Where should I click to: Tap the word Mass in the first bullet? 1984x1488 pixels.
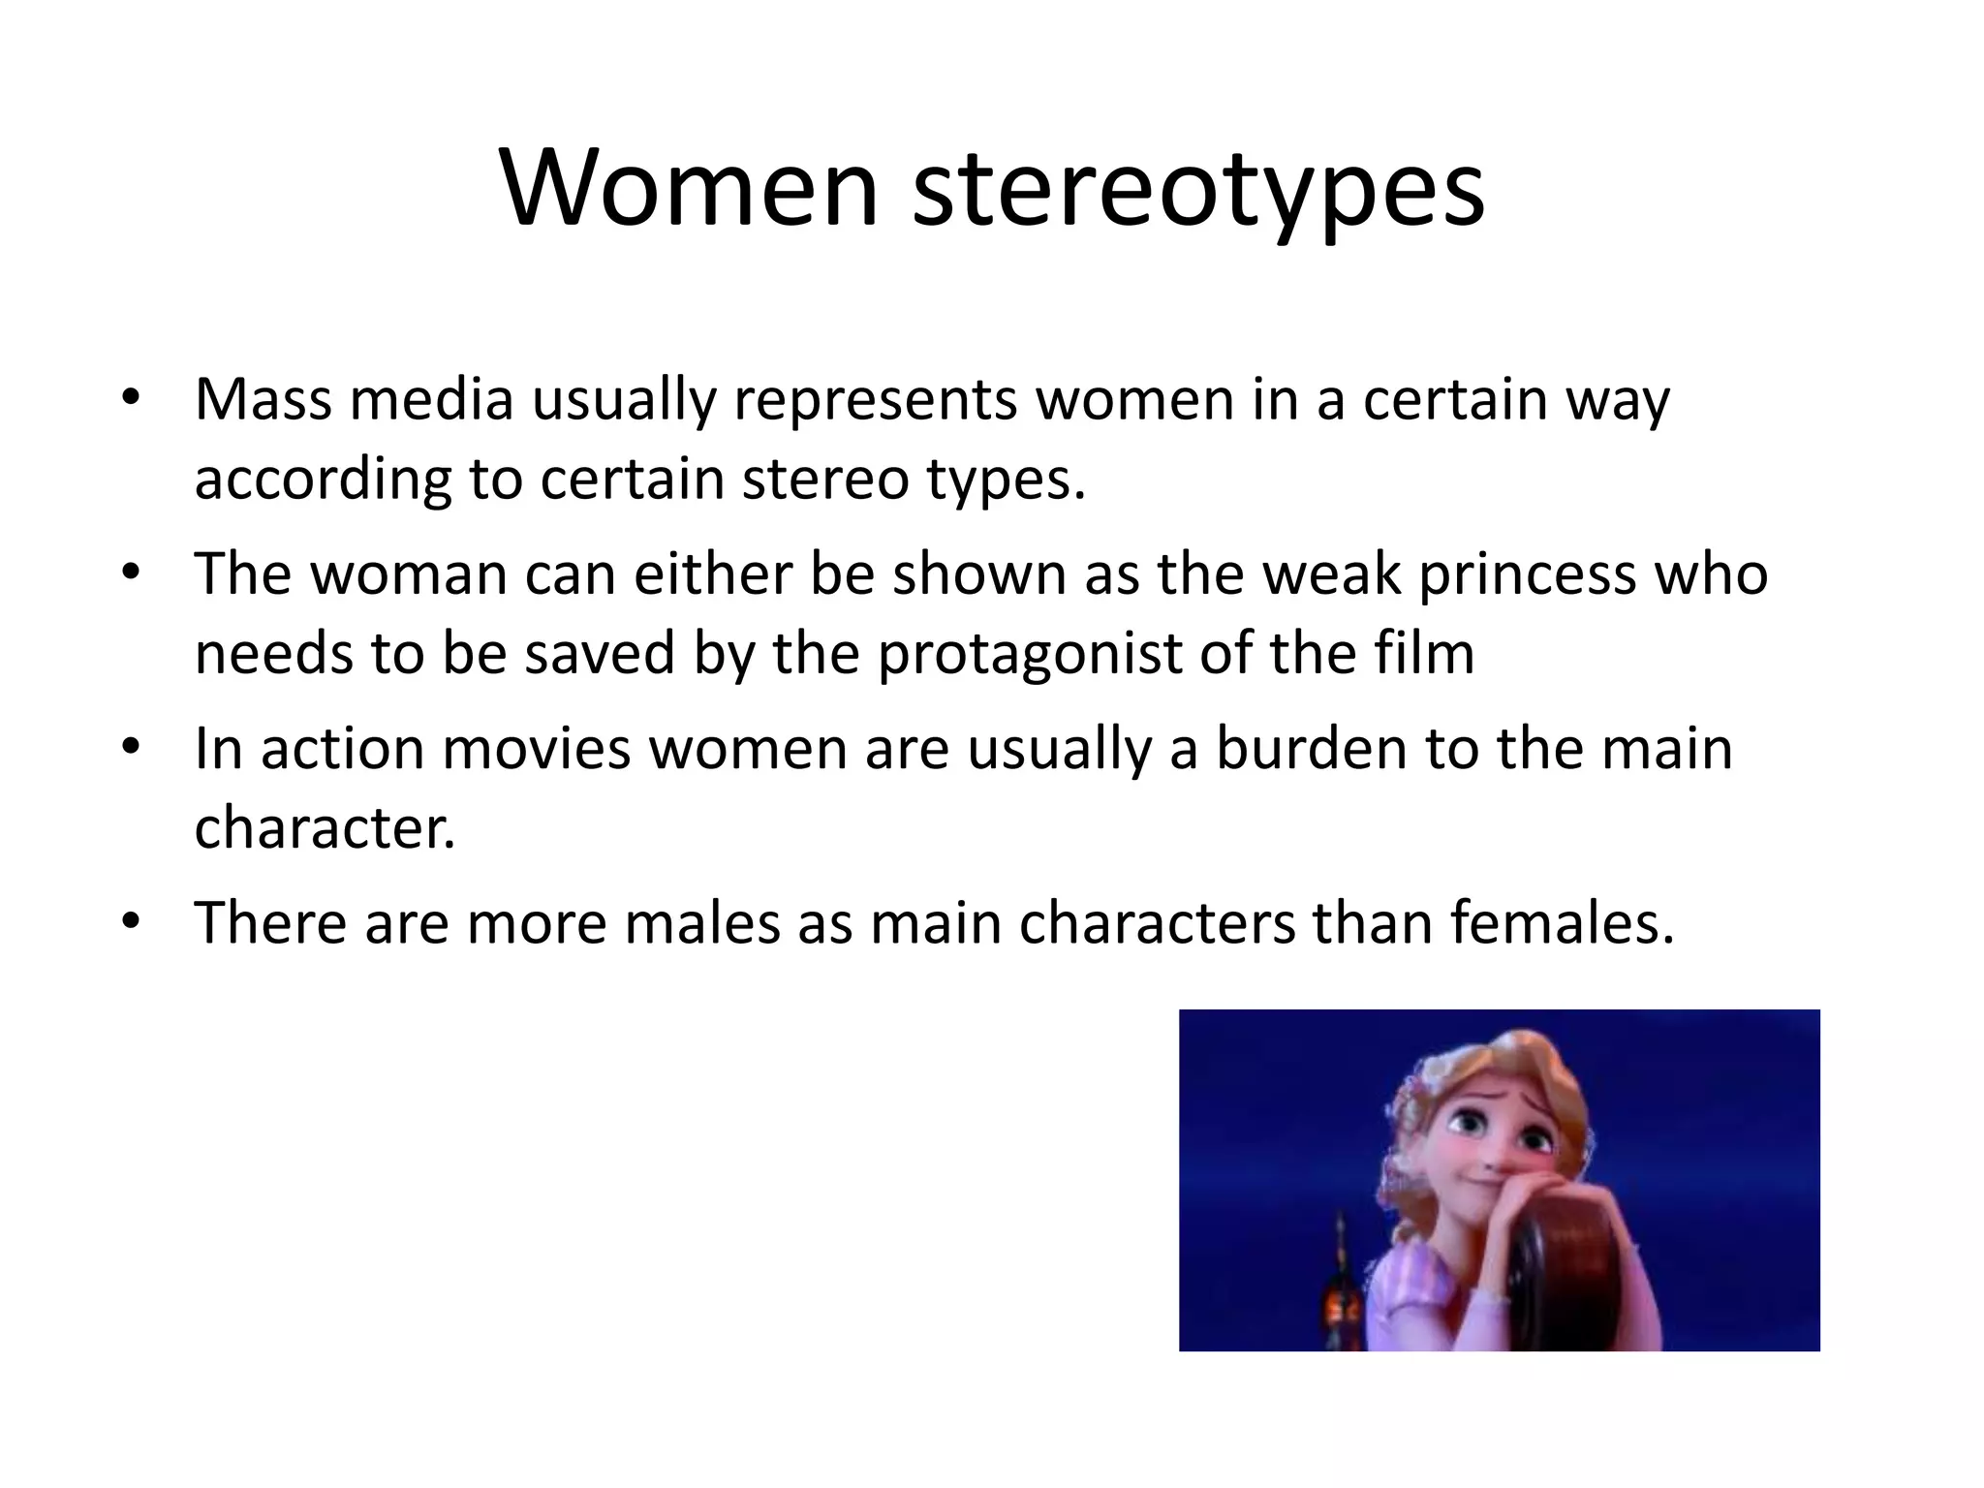click(263, 399)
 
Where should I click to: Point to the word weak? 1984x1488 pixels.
click(1331, 573)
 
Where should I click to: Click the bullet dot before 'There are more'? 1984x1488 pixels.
click(132, 920)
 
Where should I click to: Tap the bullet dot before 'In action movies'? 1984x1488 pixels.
click(132, 747)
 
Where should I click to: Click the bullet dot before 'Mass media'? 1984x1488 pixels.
click(132, 397)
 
